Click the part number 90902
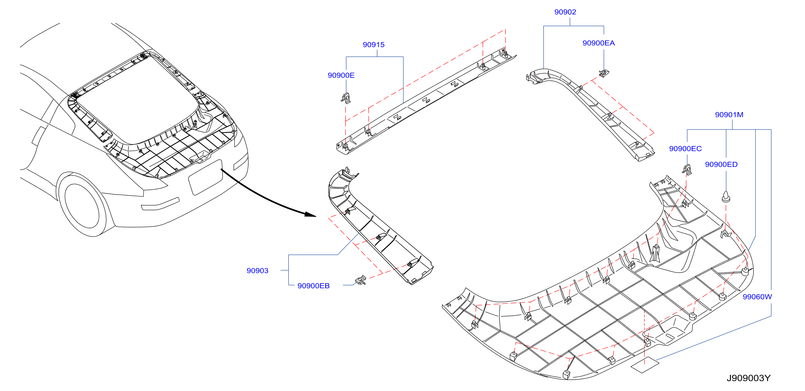(x=565, y=12)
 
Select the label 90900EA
(x=598, y=43)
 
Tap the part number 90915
(x=373, y=45)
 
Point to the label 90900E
(x=341, y=75)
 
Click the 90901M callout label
(x=729, y=115)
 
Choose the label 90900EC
(x=685, y=149)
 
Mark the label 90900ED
(x=721, y=164)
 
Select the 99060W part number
(x=757, y=297)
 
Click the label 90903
(x=257, y=271)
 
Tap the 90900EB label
(x=313, y=286)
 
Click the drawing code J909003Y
(x=749, y=378)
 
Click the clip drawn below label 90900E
(x=346, y=98)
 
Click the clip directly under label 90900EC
(x=687, y=170)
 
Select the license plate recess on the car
(x=206, y=177)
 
